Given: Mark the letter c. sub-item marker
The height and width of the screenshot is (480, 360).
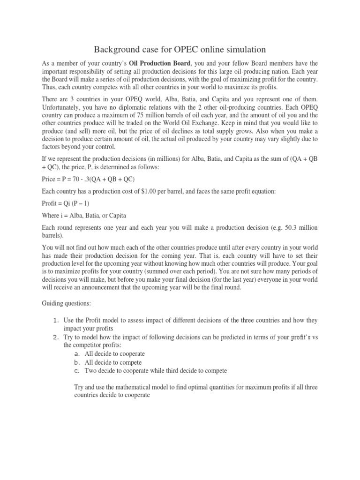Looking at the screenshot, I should [x=77, y=371].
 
